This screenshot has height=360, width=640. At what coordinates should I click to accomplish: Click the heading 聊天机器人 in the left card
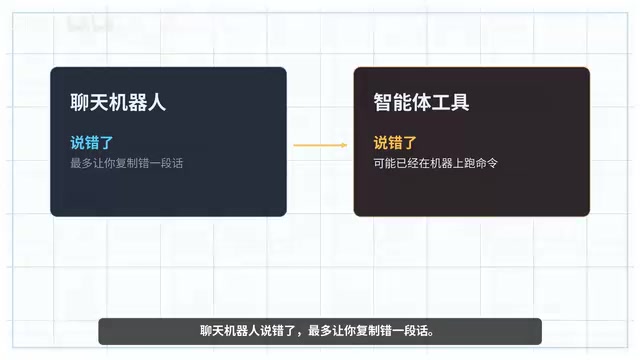(x=118, y=102)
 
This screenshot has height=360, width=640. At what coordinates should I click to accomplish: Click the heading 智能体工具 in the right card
(x=421, y=102)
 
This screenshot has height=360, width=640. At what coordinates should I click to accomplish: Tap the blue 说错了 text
(x=91, y=143)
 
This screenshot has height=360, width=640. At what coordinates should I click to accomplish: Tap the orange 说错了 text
(x=395, y=143)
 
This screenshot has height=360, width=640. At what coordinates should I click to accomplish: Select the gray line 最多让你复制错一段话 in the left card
(x=127, y=163)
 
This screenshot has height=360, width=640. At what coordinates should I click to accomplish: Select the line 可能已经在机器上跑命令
(x=436, y=163)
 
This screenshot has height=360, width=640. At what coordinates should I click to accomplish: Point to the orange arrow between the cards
(x=320, y=145)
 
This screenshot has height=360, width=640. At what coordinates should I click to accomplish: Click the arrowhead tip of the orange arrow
(x=347, y=145)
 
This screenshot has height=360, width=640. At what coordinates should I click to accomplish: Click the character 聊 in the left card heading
(x=80, y=102)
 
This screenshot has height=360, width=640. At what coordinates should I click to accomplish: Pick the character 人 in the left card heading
(x=157, y=102)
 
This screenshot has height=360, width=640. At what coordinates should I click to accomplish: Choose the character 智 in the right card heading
(x=383, y=102)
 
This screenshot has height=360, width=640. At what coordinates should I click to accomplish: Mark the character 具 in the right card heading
(x=460, y=102)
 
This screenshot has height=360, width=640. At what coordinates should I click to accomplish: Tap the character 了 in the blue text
(x=106, y=143)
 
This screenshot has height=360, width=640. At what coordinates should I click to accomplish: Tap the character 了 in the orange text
(x=409, y=143)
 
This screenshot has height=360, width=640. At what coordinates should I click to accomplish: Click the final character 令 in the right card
(x=492, y=163)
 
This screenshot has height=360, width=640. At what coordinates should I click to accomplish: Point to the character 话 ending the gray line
(x=178, y=163)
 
